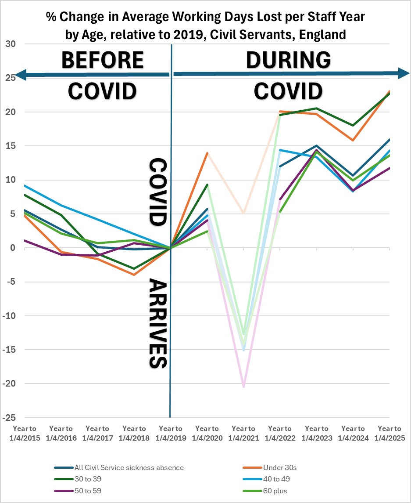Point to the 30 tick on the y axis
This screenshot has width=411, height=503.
(10, 44)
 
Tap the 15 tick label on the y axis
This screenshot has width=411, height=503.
(10, 146)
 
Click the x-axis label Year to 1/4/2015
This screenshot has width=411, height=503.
(25, 433)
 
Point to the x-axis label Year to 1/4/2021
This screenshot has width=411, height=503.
(243, 433)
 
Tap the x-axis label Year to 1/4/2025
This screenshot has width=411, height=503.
(390, 433)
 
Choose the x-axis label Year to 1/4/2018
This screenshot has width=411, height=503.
(134, 433)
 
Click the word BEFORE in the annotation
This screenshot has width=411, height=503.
(102, 60)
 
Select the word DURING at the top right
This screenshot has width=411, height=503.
(288, 60)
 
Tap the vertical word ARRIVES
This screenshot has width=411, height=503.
(157, 322)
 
